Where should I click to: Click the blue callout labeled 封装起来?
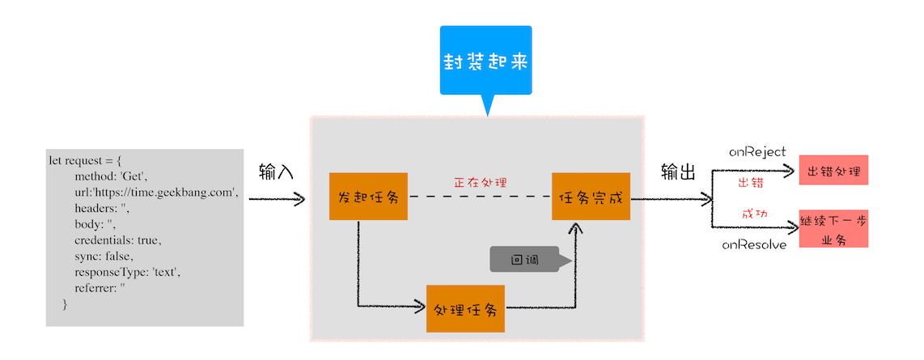click(x=485, y=61)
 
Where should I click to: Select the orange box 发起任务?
click(x=368, y=197)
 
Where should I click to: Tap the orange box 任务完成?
click(x=591, y=197)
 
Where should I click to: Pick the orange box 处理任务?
click(x=465, y=308)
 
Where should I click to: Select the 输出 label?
click(x=678, y=172)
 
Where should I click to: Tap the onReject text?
click(x=757, y=151)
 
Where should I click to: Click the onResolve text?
click(x=754, y=244)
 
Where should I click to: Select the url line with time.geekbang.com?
click(x=155, y=192)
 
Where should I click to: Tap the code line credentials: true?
click(x=118, y=240)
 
